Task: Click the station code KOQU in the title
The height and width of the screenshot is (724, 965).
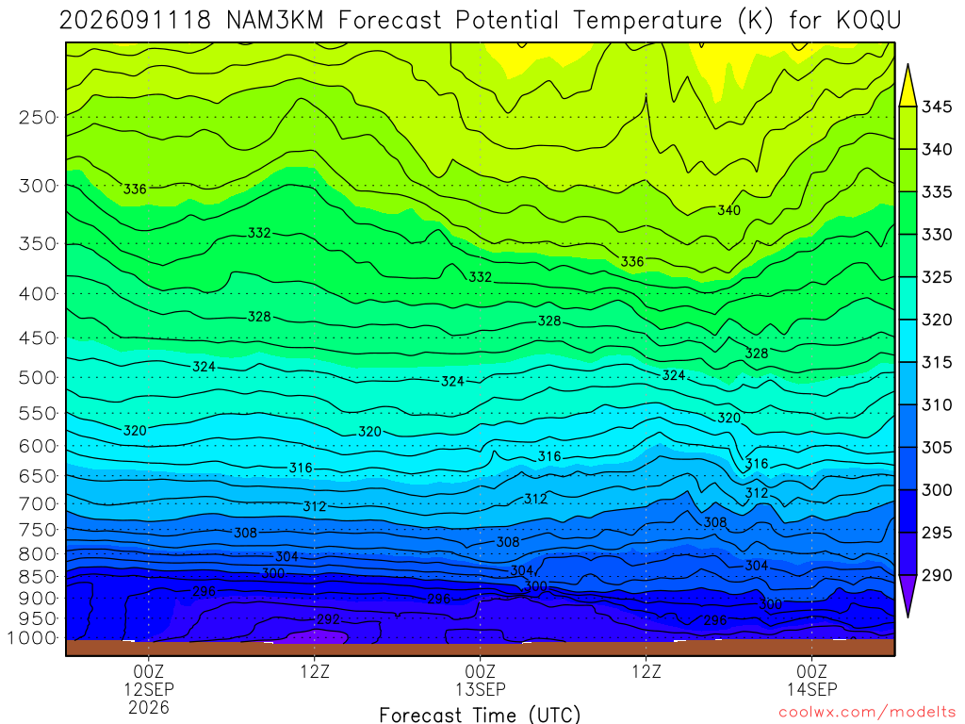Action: coord(869,21)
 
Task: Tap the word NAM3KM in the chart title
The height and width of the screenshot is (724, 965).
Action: coord(274,21)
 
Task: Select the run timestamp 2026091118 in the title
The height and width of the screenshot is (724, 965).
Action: coord(135,21)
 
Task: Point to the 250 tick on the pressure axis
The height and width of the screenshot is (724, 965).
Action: coord(38,117)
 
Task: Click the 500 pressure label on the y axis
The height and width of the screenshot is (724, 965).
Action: coord(38,377)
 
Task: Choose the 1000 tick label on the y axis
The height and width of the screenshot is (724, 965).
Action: coord(32,638)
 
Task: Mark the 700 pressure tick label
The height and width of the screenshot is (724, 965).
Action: coord(38,503)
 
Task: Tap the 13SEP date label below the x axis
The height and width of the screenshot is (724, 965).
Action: coord(480,689)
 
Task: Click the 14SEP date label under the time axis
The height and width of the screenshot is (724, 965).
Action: coord(811,689)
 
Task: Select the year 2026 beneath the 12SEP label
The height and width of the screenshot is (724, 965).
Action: coord(148,707)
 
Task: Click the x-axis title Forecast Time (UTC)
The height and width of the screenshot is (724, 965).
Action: coord(480,715)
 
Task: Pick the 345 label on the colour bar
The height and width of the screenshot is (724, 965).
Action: coord(937,107)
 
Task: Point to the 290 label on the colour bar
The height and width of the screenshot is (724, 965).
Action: coord(937,575)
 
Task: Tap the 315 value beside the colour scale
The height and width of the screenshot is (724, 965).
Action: coord(937,362)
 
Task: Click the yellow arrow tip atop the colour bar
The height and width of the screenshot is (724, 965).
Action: coord(908,64)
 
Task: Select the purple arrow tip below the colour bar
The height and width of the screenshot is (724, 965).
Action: coord(908,617)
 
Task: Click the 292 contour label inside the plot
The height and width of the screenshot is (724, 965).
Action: coord(328,618)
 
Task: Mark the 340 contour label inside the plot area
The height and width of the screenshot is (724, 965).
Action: coord(728,210)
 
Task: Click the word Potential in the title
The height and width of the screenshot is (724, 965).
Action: coord(507,21)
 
